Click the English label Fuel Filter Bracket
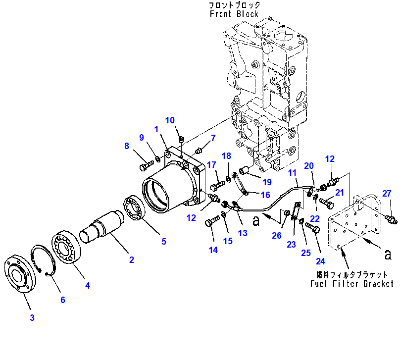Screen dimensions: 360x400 click(x=351, y=283)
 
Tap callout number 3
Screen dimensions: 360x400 click(x=32, y=317)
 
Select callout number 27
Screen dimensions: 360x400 click(x=386, y=194)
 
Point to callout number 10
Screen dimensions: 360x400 click(x=170, y=120)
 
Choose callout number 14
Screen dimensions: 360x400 click(x=213, y=250)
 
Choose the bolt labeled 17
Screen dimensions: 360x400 click(x=216, y=187)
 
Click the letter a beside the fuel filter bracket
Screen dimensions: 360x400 click(x=388, y=254)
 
